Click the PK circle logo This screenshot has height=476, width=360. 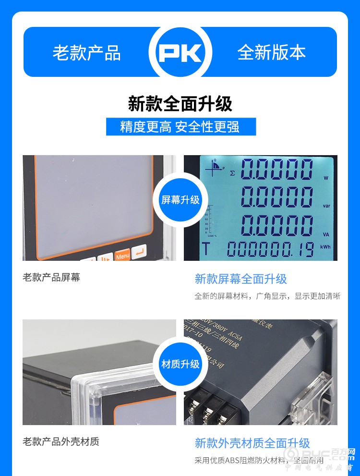[x=180, y=52]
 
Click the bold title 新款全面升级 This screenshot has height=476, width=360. [x=180, y=104]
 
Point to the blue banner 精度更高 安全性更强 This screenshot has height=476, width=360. [x=180, y=127]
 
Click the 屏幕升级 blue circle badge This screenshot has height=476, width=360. [x=180, y=200]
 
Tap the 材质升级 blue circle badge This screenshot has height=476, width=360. [x=180, y=364]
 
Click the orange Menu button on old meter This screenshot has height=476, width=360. [x=122, y=256]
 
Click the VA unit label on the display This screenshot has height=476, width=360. [x=326, y=235]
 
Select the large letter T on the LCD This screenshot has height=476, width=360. [x=206, y=249]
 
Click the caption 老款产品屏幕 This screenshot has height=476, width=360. [x=51, y=277]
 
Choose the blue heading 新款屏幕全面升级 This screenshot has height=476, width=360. [x=240, y=279]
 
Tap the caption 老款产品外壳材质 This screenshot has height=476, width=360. [x=61, y=441]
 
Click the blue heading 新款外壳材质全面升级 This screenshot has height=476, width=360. [x=252, y=443]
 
